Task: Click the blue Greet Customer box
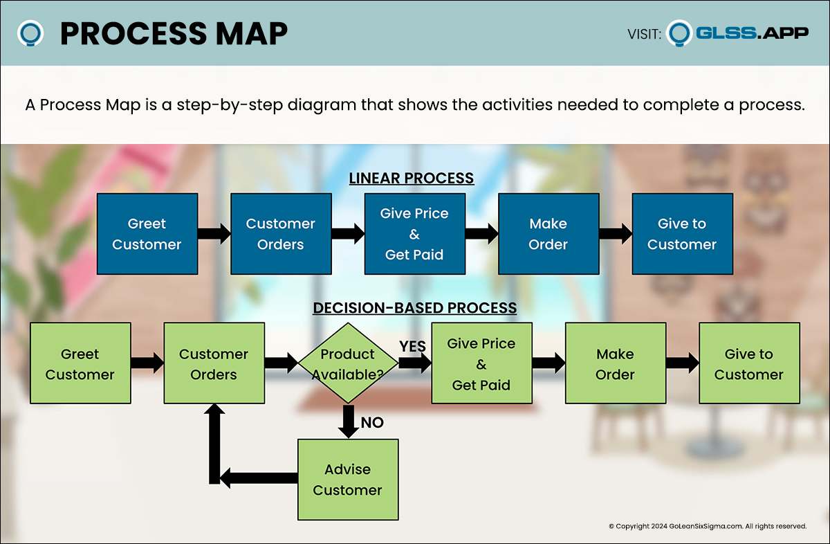pyautogui.click(x=147, y=234)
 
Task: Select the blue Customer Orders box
pyautogui.click(x=281, y=234)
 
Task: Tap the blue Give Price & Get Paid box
pyautogui.click(x=414, y=234)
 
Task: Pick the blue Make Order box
pyautogui.click(x=548, y=234)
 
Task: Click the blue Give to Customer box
pyautogui.click(x=682, y=234)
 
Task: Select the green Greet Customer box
pyautogui.click(x=80, y=364)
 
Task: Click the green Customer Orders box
pyautogui.click(x=214, y=364)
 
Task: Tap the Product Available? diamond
pyautogui.click(x=348, y=363)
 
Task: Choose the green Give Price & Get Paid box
pyautogui.click(x=481, y=364)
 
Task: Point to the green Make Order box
pyautogui.click(x=616, y=364)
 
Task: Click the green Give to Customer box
pyautogui.click(x=749, y=364)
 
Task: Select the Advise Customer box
pyautogui.click(x=348, y=480)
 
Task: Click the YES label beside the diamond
pyautogui.click(x=412, y=346)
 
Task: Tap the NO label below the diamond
pyautogui.click(x=372, y=422)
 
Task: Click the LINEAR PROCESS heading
pyautogui.click(x=412, y=178)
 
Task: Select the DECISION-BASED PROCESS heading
pyautogui.click(x=415, y=308)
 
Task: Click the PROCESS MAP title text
pyautogui.click(x=174, y=33)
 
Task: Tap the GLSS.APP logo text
pyautogui.click(x=752, y=33)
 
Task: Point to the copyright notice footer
pyautogui.click(x=708, y=526)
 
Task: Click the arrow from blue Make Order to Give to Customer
pyautogui.click(x=616, y=234)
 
